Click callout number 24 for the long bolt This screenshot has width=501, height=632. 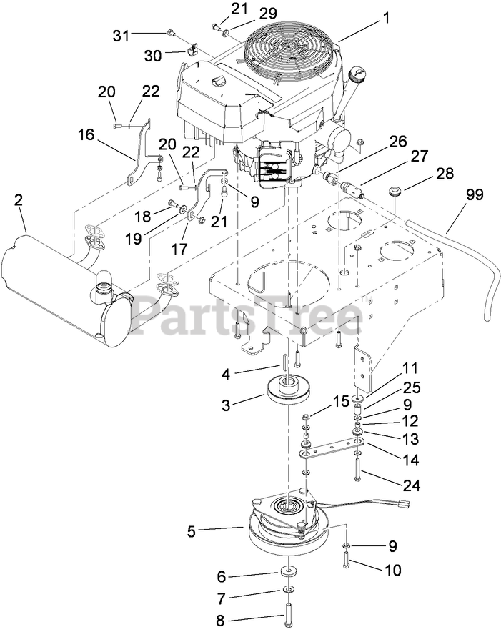(411, 485)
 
